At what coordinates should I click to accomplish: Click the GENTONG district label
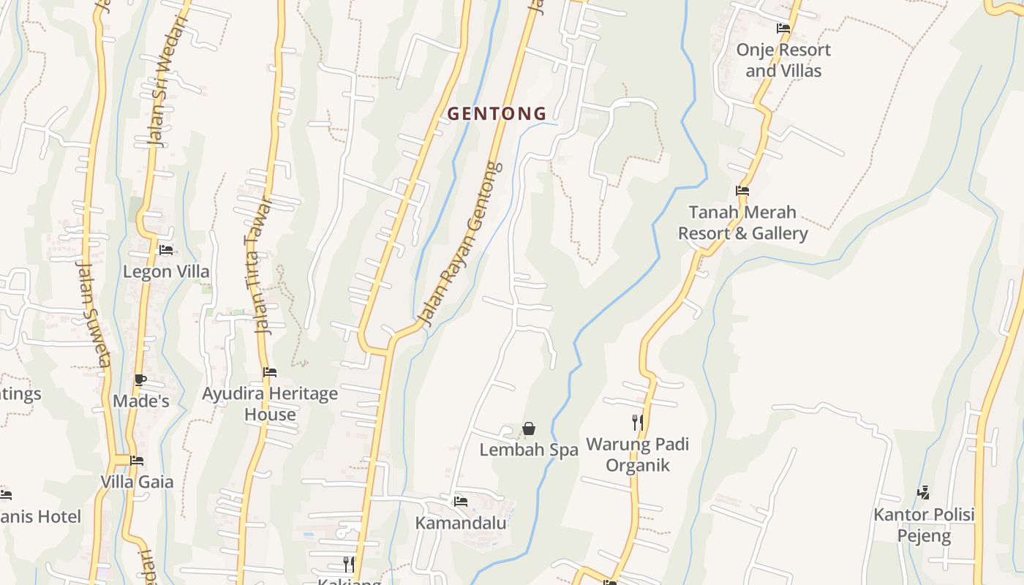point(497,114)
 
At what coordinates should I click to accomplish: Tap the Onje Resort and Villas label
point(783,61)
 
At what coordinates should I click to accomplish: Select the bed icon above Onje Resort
point(783,29)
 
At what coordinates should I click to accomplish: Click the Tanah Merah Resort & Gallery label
point(742,223)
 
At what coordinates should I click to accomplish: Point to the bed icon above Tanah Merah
point(742,191)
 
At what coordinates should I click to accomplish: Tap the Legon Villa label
point(166,272)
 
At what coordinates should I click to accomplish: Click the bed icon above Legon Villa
point(166,250)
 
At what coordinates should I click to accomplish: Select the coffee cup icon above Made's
point(140,380)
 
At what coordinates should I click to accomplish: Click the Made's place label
point(141,401)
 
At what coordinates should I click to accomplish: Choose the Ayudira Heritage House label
point(270,404)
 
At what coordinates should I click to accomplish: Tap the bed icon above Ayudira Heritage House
point(270,372)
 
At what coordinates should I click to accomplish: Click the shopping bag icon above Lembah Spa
point(529,429)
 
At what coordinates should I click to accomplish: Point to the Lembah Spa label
point(529,450)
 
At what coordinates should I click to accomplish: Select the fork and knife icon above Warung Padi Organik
point(638,422)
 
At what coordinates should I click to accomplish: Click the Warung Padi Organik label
point(638,455)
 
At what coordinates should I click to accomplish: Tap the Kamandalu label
point(461,524)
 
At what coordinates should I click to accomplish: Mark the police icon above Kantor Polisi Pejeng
point(924,493)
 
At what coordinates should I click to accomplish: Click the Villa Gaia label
point(137,482)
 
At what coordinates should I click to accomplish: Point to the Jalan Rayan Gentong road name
point(461,243)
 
